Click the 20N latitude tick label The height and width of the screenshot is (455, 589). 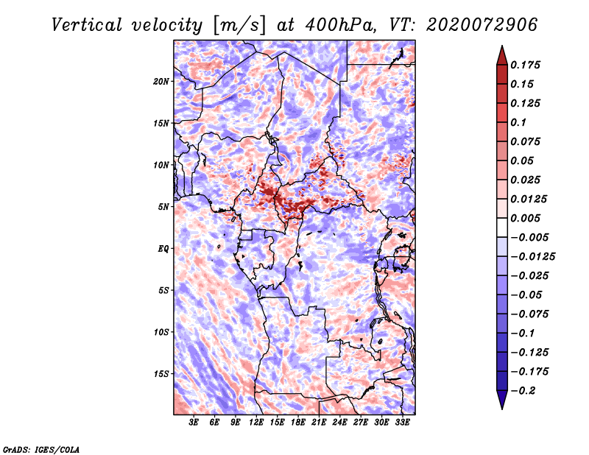[x=161, y=81]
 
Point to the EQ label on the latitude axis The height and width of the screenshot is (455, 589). [x=163, y=249]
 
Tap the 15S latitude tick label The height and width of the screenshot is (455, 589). [x=161, y=374]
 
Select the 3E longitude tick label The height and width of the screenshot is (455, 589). [x=194, y=423]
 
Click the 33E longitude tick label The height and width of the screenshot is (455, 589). [x=402, y=423]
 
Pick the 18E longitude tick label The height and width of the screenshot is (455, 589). [x=298, y=423]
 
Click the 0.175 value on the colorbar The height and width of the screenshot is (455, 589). [x=528, y=65]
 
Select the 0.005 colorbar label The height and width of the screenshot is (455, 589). [x=528, y=218]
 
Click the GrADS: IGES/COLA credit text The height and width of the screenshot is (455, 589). [x=41, y=448]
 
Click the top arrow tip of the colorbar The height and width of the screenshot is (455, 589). [x=501, y=48]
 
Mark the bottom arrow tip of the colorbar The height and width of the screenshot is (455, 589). [x=501, y=407]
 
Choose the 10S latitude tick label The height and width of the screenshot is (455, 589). [x=161, y=332]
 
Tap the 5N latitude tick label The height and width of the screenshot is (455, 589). [x=163, y=207]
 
